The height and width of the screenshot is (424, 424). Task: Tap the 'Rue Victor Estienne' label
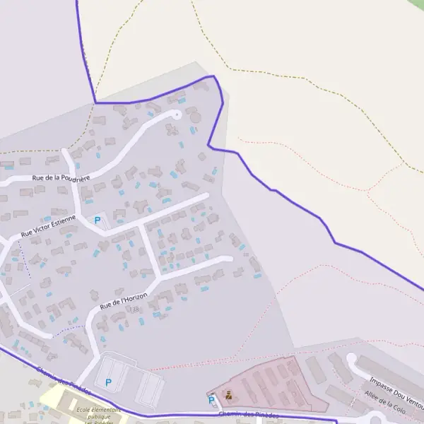coord(48,225)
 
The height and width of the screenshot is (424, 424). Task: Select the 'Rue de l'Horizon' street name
coord(124,300)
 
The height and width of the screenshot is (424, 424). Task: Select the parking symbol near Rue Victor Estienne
coord(98,220)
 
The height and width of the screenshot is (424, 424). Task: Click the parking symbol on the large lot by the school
coord(108,382)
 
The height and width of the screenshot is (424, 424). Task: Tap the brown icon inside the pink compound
coord(228,395)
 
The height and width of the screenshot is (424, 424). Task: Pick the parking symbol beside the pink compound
coord(211,400)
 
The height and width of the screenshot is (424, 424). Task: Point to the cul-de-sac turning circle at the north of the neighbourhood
coord(176,113)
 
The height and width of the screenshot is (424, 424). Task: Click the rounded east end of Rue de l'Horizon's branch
coord(228,259)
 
